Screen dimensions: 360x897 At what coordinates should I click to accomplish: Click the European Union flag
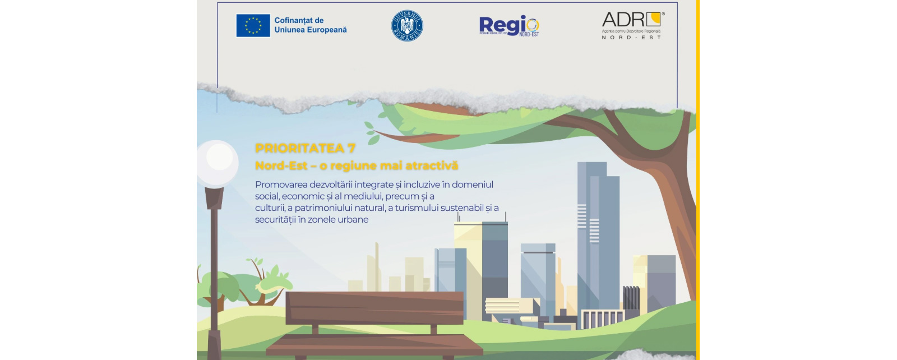pos(253,26)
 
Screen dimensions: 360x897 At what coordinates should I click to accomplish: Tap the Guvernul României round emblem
pos(407,26)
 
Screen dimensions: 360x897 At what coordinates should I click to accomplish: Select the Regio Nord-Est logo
pos(509,26)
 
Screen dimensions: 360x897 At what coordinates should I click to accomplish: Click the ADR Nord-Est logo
pos(632,26)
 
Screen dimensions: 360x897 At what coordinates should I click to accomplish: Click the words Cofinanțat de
pos(299,20)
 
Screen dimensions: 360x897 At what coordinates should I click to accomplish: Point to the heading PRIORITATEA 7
pos(305,148)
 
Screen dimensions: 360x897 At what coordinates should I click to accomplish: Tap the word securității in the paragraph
pos(275,219)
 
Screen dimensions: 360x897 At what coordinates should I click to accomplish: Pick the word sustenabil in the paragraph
pos(462,208)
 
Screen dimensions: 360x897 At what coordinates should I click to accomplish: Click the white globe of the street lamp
pos(218,163)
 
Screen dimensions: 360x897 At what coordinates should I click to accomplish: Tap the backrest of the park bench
pos(374,307)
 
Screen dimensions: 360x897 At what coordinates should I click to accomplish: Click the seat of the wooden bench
pos(374,343)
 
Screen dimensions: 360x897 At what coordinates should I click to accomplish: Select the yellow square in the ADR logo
pos(654,20)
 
